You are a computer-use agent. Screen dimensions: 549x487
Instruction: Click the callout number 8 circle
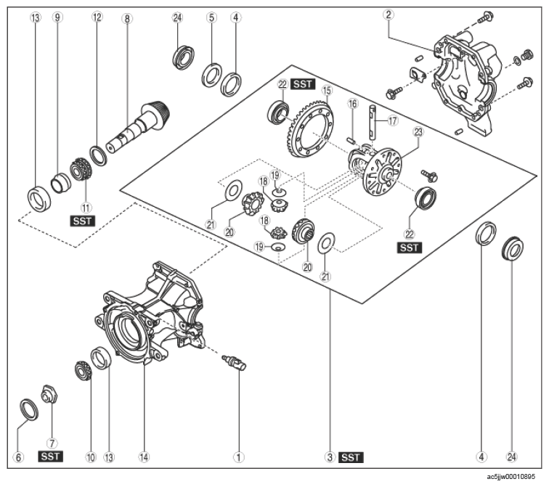pos(127,19)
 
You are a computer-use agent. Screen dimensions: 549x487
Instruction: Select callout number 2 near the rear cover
pos(389,15)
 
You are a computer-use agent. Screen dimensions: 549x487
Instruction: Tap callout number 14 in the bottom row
pos(144,457)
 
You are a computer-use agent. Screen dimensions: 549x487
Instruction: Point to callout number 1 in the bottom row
pos(239,457)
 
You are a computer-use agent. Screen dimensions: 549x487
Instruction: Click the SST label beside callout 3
pos(351,457)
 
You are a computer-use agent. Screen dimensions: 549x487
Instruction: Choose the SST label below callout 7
pos(50,457)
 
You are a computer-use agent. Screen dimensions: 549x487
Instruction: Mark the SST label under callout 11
pos(83,221)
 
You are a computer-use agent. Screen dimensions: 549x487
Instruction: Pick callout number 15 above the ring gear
pos(327,90)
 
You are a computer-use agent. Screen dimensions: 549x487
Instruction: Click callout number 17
pos(393,120)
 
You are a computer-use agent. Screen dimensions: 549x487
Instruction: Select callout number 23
pos(418,132)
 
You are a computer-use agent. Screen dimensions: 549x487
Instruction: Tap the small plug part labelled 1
pos(235,361)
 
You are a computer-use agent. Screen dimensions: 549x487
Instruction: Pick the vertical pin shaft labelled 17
pos(373,123)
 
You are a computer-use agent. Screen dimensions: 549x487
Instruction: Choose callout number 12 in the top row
pos(97,17)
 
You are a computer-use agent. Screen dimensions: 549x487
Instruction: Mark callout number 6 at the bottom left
pos(18,457)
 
